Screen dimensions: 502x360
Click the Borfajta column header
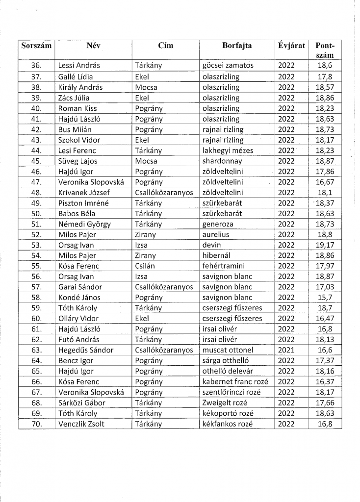(237, 46)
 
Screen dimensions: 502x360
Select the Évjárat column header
(291, 46)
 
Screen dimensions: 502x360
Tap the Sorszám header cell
(37, 46)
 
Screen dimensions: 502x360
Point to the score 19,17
(325, 245)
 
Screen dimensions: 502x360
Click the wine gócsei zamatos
(228, 66)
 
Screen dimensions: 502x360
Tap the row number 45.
(36, 161)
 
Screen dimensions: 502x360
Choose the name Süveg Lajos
(77, 161)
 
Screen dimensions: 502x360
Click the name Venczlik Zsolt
(81, 424)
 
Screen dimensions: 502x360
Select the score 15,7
(325, 298)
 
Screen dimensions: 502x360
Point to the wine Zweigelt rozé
(226, 402)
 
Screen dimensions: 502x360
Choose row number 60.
(36, 319)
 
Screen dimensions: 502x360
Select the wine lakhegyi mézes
(228, 151)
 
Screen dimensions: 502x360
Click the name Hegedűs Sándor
(86, 350)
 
